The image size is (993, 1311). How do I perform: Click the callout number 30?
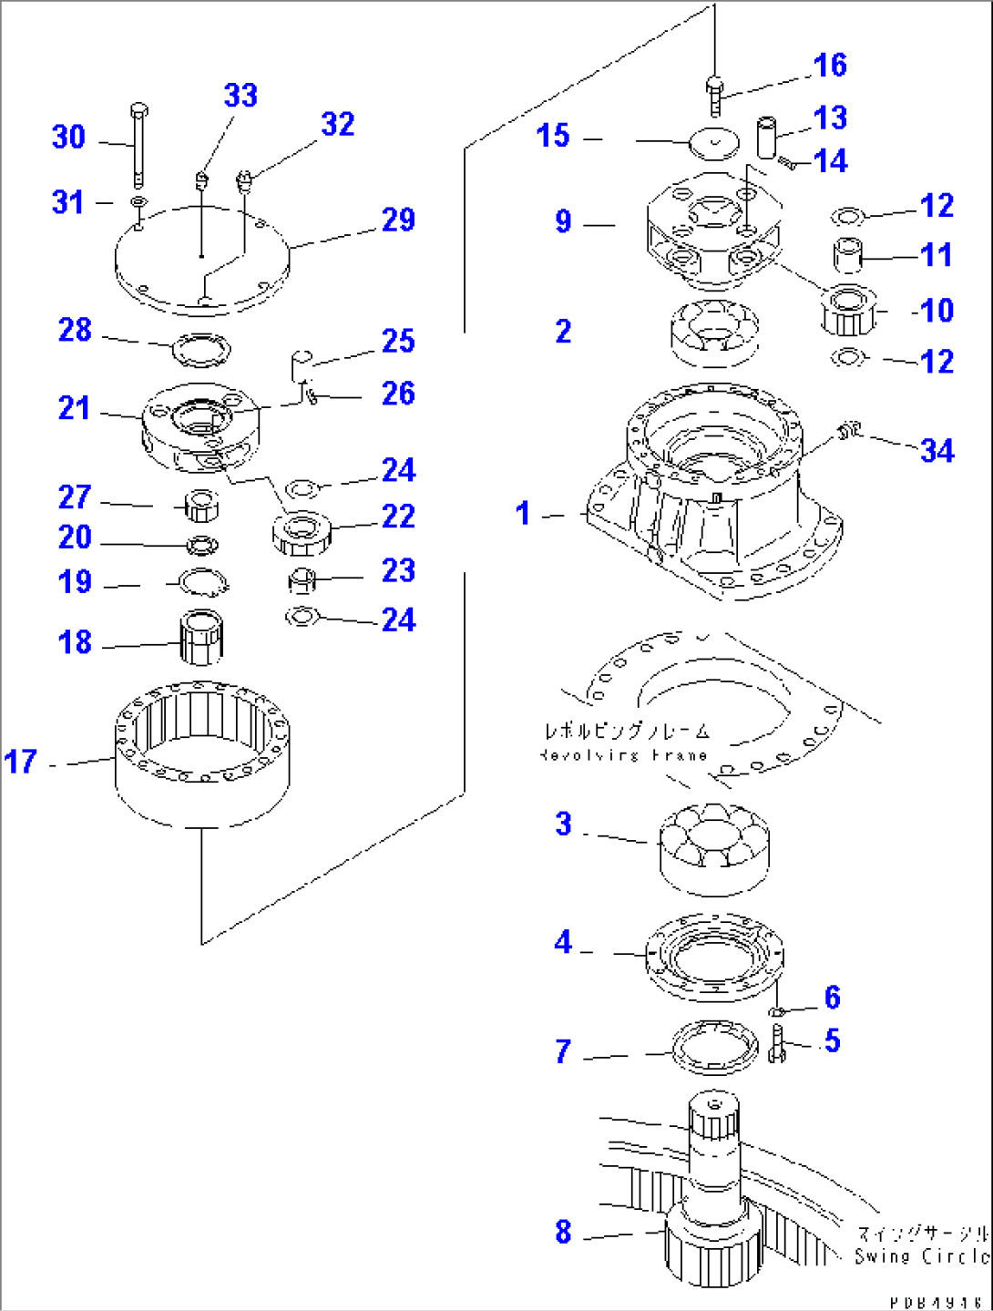68,138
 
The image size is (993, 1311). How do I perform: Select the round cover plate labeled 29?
201,260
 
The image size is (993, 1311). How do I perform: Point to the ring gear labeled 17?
202,753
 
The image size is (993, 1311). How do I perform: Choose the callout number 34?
937,450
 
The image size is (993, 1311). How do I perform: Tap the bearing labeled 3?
715,846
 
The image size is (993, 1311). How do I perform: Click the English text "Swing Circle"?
921,1256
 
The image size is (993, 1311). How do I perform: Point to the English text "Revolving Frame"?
624,754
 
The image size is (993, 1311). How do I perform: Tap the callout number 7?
564,1052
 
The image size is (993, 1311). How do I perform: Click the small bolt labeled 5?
776,1042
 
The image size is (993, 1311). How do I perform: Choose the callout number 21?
75,408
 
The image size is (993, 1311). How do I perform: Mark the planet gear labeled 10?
849,311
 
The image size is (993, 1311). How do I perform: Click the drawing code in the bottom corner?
936,1303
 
